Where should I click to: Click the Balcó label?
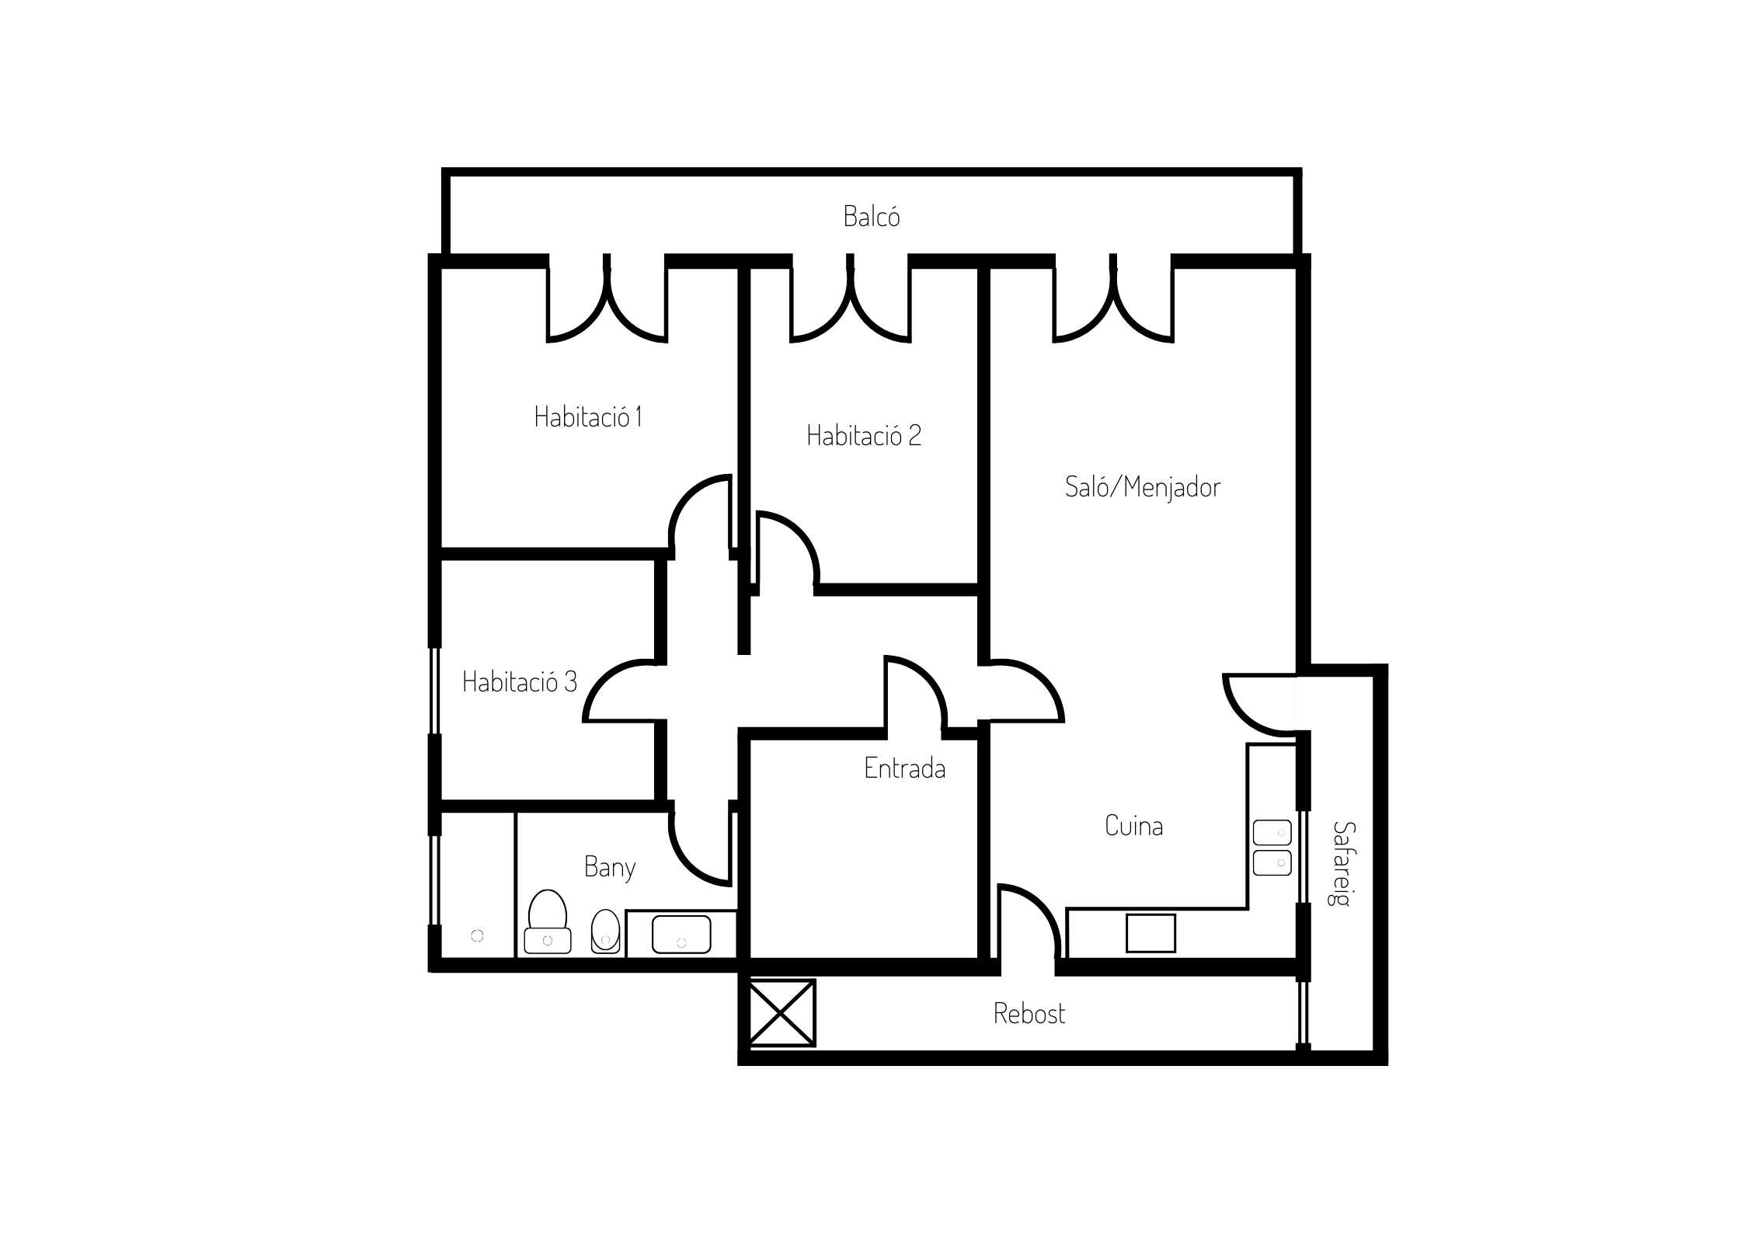point(872,216)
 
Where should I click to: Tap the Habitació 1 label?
point(588,417)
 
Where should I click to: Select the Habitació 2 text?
point(864,435)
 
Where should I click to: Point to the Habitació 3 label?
point(520,681)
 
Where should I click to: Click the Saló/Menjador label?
point(1143,487)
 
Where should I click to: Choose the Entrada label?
point(905,768)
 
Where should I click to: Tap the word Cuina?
point(1134,826)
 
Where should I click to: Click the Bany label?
point(610,867)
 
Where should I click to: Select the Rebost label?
point(1029,1013)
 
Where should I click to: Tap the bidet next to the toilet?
point(606,932)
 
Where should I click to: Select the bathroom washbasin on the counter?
point(681,934)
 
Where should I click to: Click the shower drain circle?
point(477,936)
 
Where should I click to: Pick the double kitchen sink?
point(1272,848)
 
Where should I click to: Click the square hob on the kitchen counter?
point(1150,933)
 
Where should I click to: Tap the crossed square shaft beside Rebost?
point(781,1013)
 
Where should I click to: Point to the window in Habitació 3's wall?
point(435,691)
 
